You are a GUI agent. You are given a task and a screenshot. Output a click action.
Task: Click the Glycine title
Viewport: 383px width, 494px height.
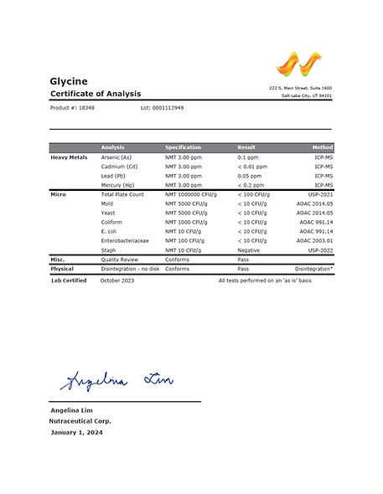pos(68,80)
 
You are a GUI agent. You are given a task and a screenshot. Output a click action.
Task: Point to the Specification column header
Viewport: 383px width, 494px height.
pos(183,147)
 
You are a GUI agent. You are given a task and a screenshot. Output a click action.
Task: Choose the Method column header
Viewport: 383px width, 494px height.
pos(321,147)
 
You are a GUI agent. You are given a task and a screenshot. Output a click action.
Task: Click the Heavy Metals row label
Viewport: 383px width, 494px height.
pos(69,157)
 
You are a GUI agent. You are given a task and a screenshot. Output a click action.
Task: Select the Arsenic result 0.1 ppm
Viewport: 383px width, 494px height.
pos(247,157)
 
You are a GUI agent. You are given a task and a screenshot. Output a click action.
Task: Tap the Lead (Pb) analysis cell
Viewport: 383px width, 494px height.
pos(116,176)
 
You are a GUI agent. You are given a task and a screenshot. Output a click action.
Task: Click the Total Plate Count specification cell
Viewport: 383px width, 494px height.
pos(190,194)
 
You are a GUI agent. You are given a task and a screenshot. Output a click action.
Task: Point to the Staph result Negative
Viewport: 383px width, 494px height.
pos(249,250)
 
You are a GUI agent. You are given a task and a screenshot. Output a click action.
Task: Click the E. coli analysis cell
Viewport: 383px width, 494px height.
pos(110,231)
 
